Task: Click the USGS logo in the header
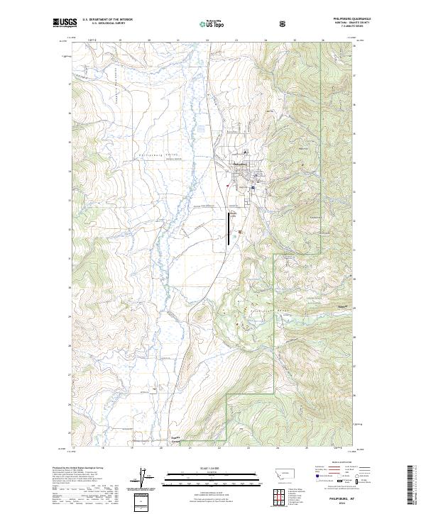point(65,23)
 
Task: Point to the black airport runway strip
point(228,228)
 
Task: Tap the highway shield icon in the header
point(284,23)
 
